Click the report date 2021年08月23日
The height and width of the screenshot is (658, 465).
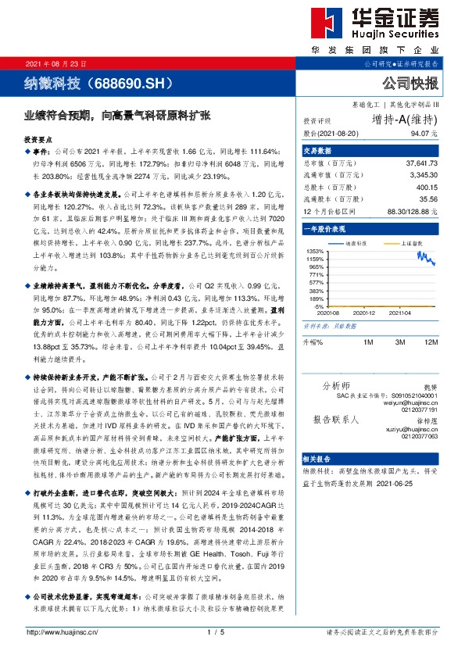[x=56, y=63]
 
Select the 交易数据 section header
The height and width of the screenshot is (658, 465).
[x=318, y=151]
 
